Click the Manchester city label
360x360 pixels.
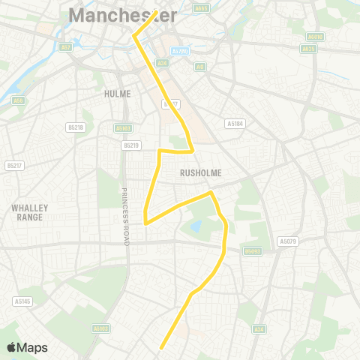123,15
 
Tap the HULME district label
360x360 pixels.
118,94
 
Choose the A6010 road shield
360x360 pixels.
314,36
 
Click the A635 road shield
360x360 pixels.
309,48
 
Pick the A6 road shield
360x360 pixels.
199,66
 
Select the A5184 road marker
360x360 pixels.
235,123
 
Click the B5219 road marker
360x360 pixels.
131,145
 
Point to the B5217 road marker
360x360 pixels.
13,165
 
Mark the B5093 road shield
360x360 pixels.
253,251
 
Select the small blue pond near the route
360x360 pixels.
196,226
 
